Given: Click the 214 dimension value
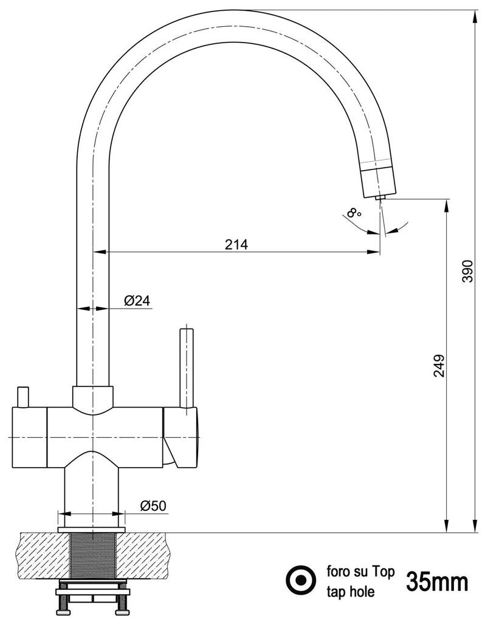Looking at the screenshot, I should point(236,245).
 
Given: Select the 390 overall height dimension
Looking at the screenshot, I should point(466,272).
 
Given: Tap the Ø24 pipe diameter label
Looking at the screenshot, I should point(137,301).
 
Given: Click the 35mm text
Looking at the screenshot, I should point(437,583).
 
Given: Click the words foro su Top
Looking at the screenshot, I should point(361,572).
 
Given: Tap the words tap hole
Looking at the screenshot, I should point(351,590).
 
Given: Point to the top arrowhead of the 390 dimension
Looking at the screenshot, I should point(474,16).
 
